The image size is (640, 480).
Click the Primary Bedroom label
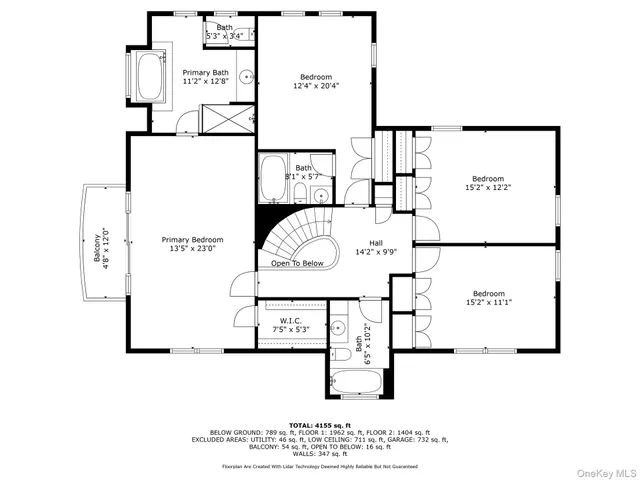pos(193,240)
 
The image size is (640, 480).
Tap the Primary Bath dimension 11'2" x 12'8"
pos(205,83)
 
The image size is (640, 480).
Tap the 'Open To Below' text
pos(297,264)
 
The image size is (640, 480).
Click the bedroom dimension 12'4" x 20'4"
pos(316,86)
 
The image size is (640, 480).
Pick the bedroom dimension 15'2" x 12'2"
pos(487,187)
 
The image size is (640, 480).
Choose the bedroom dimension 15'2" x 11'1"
pos(487,303)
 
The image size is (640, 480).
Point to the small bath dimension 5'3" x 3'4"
pos(224,36)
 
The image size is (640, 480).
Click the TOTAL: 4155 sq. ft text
pos(320,425)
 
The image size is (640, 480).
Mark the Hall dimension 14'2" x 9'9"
pos(375,251)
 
